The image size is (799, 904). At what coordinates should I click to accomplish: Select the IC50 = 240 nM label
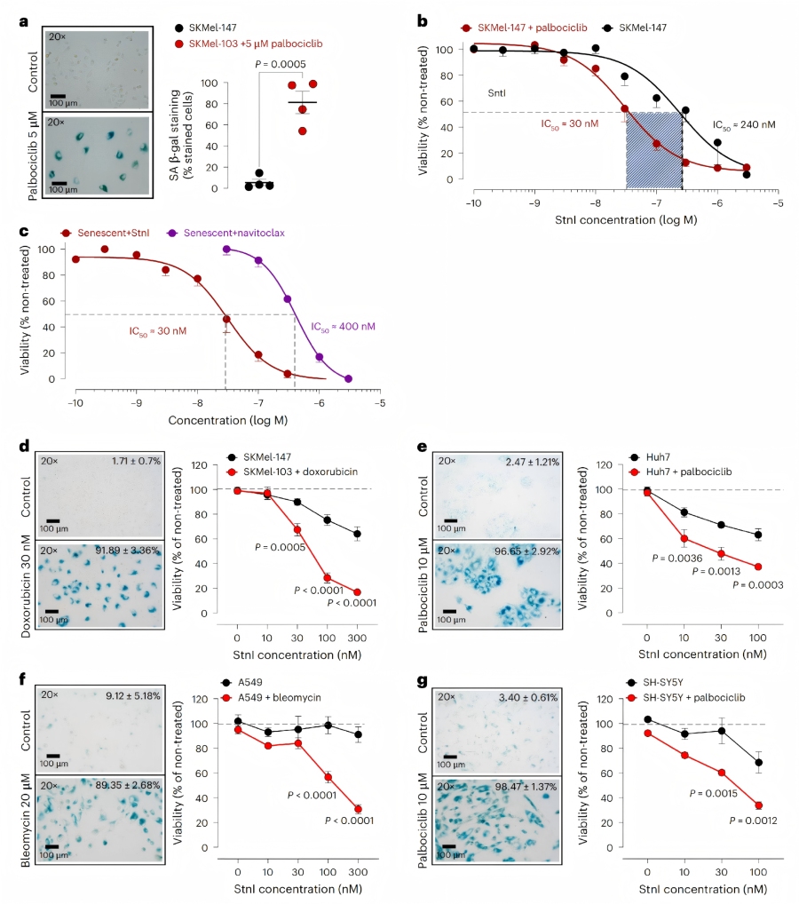pyautogui.click(x=743, y=125)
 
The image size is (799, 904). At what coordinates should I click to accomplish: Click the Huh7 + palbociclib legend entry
pyautogui.click(x=680, y=471)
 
